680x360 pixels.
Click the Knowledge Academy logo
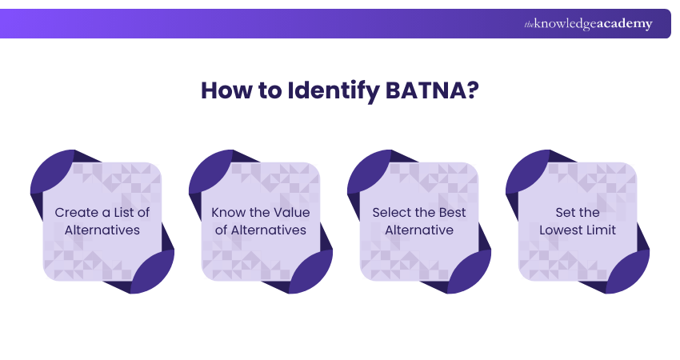pos(588,24)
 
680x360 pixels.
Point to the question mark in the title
pos(472,90)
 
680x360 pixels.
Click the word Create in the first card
pos(77,213)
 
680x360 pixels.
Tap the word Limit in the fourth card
pos(601,230)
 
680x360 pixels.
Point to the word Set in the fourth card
pos(566,213)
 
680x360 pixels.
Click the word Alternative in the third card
pos(419,230)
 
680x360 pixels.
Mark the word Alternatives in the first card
pos(102,230)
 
